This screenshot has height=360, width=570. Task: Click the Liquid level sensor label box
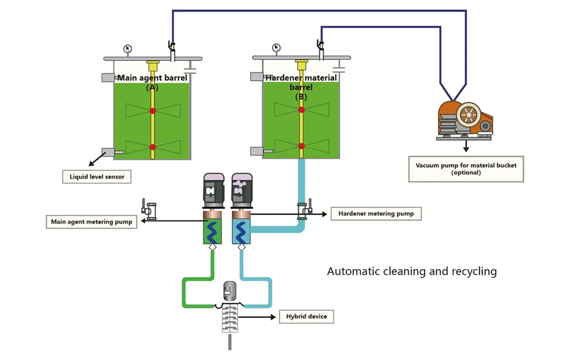(x=97, y=177)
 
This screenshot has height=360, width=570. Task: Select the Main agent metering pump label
(x=91, y=222)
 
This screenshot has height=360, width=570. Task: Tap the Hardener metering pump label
(x=376, y=213)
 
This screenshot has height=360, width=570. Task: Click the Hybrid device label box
(x=306, y=316)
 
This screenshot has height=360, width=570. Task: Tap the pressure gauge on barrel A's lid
(x=127, y=49)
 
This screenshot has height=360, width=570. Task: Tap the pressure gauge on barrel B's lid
(x=276, y=48)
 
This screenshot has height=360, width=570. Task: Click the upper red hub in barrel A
(x=153, y=110)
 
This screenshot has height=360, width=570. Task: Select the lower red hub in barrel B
(x=301, y=146)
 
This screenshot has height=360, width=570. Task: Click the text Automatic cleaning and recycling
(x=412, y=271)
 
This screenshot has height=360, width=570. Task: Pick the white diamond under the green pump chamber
(x=213, y=247)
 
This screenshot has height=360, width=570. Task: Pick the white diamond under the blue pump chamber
(x=242, y=247)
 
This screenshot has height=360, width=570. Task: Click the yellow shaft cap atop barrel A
(x=153, y=66)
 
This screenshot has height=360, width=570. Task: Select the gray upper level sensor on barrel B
(x=257, y=77)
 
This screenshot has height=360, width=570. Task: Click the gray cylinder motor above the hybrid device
(x=230, y=291)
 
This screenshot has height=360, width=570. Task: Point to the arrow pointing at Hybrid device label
(x=257, y=317)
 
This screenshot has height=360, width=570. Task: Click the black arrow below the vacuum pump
(x=466, y=146)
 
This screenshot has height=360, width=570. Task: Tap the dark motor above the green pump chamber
(x=214, y=191)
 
